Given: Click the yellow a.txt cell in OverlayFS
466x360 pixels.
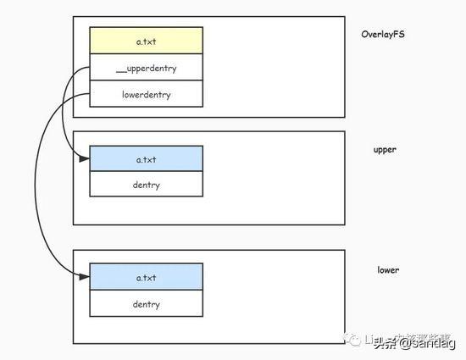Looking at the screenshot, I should click(x=147, y=41).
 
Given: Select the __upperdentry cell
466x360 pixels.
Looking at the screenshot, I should click(x=147, y=67).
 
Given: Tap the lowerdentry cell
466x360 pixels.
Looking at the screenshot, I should click(x=147, y=94).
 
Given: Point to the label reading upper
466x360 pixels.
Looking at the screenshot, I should click(x=386, y=150).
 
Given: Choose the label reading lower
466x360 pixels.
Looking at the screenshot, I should click(x=388, y=270).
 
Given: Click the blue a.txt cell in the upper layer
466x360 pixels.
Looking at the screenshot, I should click(x=147, y=159).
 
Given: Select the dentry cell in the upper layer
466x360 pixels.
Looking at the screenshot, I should click(x=147, y=184).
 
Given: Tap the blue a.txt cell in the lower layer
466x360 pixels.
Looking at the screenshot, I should click(x=147, y=277).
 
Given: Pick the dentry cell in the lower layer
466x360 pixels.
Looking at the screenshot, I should click(x=147, y=303).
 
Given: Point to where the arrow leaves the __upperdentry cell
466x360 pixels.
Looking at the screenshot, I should click(x=90, y=68).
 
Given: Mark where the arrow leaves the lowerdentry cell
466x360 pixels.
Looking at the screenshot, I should click(x=90, y=94).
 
